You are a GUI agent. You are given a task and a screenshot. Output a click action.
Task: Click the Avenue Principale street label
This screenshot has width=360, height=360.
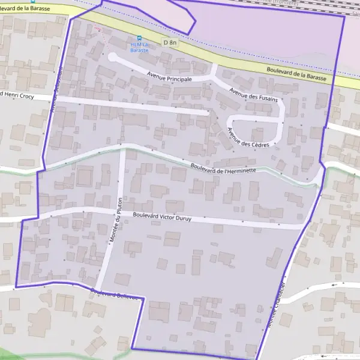click(x=172, y=79)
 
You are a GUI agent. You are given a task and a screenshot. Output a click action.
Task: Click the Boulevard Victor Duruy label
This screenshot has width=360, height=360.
click(x=162, y=217)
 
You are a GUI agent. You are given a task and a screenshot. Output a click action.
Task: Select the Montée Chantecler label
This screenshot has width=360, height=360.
click(x=276, y=304)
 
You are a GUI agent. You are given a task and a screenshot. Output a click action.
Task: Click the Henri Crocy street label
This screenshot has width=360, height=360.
click(x=24, y=95)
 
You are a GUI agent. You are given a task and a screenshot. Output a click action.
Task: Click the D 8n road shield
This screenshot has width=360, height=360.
click(x=170, y=42)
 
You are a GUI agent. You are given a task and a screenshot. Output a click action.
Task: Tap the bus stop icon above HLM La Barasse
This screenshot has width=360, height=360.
click(x=141, y=38)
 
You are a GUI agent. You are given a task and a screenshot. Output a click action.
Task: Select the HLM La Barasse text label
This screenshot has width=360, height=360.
click(x=140, y=47)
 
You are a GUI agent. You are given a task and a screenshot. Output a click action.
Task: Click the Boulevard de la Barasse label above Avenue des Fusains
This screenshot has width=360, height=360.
click(x=296, y=75)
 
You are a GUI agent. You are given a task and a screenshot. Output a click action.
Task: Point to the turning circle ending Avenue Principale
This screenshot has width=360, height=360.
click(x=112, y=57)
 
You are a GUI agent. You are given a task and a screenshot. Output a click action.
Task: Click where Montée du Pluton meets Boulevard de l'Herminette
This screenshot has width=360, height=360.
click(x=123, y=149)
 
